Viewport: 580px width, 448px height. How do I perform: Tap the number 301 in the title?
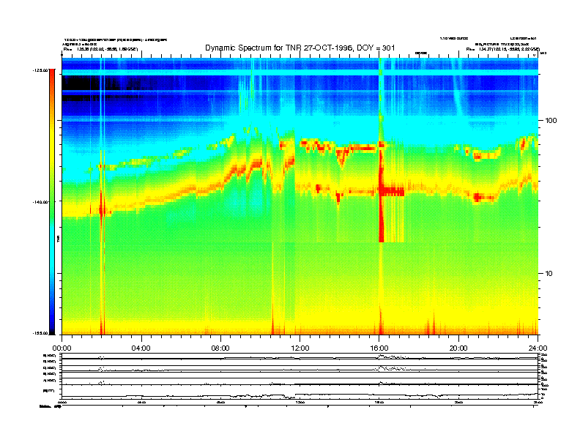tap(389, 48)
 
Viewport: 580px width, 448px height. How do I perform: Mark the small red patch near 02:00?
tap(102, 209)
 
